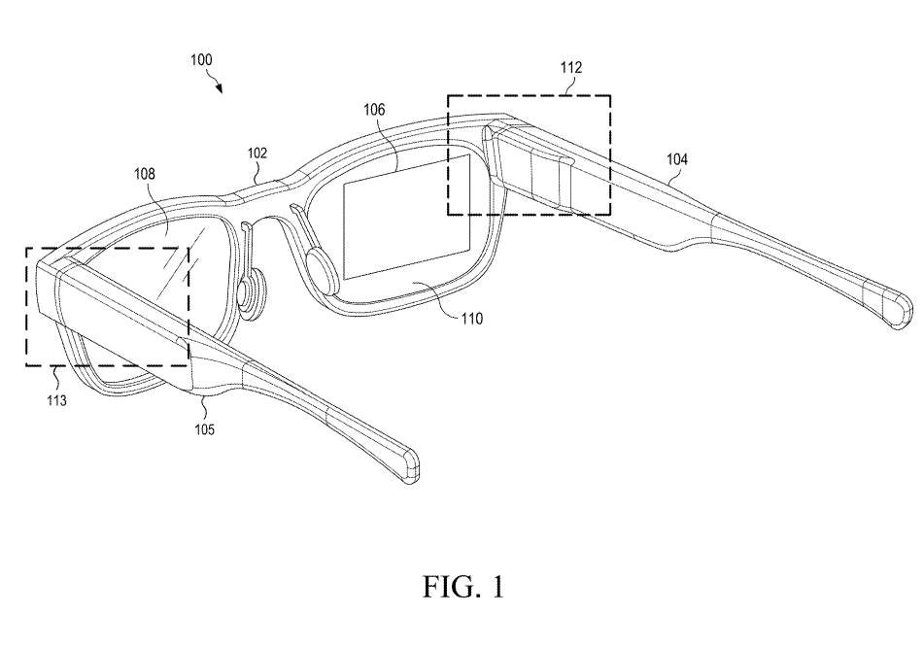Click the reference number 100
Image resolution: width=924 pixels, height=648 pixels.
pyautogui.click(x=201, y=60)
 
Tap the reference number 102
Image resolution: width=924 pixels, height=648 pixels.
pyautogui.click(x=257, y=153)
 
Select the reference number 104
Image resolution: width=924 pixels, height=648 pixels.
pyautogui.click(x=677, y=159)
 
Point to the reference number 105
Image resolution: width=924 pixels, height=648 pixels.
pyautogui.click(x=205, y=429)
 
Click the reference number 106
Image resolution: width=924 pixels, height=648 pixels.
pyautogui.click(x=374, y=110)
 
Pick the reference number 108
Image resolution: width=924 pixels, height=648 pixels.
pyautogui.click(x=145, y=173)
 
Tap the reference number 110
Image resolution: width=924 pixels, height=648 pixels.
pyautogui.click(x=472, y=320)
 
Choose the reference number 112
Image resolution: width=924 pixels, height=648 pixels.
pyautogui.click(x=571, y=68)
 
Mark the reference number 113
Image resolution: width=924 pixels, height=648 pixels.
pyautogui.click(x=57, y=401)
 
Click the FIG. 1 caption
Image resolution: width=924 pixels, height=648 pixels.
pyautogui.click(x=463, y=587)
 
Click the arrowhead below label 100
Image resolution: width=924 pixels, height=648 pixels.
pyautogui.click(x=220, y=89)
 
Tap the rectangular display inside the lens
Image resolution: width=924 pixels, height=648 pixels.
pyautogui.click(x=406, y=217)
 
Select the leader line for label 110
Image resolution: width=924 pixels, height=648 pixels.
pyautogui.click(x=435, y=301)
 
